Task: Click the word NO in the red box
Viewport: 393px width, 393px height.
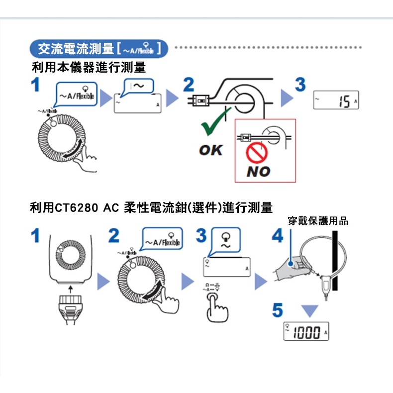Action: (x=258, y=172)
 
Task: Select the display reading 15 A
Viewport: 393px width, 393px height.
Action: (x=336, y=102)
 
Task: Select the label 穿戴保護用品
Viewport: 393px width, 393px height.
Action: (x=318, y=221)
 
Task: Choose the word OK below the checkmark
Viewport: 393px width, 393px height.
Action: (x=210, y=149)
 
